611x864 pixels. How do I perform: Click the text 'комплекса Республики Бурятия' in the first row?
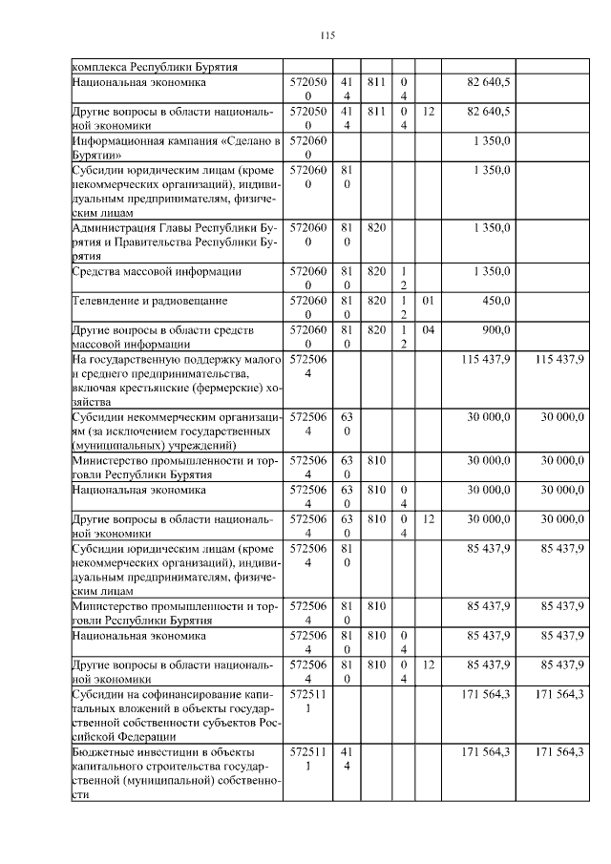click(x=155, y=67)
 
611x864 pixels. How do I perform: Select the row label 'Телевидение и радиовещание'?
click(x=150, y=300)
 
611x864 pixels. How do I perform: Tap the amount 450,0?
click(x=495, y=300)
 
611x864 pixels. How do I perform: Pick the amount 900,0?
click(x=495, y=329)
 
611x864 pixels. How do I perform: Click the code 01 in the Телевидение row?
click(x=428, y=300)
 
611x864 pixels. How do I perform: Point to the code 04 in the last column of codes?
click(x=428, y=329)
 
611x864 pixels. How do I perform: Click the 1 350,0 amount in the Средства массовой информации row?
click(x=492, y=271)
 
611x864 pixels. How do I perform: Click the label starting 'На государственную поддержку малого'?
click(x=177, y=379)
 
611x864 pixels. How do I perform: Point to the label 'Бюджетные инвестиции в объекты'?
click(x=177, y=773)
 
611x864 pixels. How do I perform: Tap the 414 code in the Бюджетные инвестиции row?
click(x=348, y=760)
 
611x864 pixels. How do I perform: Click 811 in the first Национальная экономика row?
click(x=376, y=82)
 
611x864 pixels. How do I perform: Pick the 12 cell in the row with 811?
click(x=428, y=112)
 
